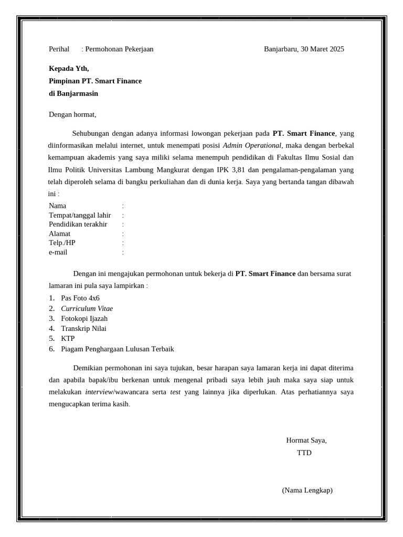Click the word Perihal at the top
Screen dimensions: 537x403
pyautogui.click(x=59, y=49)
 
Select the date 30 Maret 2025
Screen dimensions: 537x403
pyautogui.click(x=322, y=49)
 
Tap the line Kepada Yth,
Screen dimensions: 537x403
pyautogui.click(x=69, y=68)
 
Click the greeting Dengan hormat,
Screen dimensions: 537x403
pyautogui.click(x=72, y=114)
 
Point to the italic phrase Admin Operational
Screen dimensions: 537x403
pyautogui.click(x=252, y=145)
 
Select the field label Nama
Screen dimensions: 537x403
pyautogui.click(x=58, y=206)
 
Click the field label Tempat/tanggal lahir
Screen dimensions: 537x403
pyautogui.click(x=80, y=216)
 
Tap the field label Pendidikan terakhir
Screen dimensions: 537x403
pyautogui.click(x=78, y=224)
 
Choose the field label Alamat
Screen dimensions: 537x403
pyautogui.click(x=60, y=234)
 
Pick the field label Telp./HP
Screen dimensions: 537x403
pyautogui.click(x=62, y=243)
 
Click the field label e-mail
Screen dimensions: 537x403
pyautogui.click(x=58, y=252)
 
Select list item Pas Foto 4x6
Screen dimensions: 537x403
pyautogui.click(x=80, y=298)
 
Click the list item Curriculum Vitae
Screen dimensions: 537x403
pyautogui.click(x=87, y=308)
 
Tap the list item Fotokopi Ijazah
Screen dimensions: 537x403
pyautogui.click(x=84, y=318)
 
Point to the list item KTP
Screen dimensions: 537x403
pyautogui.click(x=68, y=339)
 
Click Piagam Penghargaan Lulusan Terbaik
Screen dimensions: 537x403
pyautogui.click(x=118, y=349)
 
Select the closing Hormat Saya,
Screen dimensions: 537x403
pyautogui.click(x=306, y=441)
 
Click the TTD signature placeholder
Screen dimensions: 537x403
pyautogui.click(x=304, y=453)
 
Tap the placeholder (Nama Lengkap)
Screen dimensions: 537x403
pyautogui.click(x=307, y=490)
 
